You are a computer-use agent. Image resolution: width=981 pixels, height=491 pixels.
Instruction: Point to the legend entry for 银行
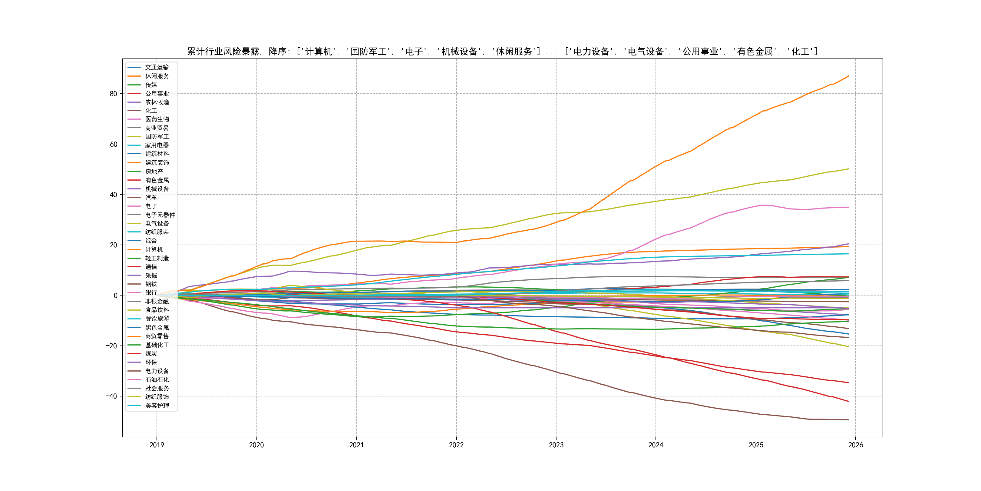pyautogui.click(x=151, y=292)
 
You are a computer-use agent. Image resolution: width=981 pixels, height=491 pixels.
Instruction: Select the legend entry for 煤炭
pyautogui.click(x=151, y=353)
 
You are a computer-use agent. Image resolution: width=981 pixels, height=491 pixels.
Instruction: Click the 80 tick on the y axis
pyautogui.click(x=114, y=94)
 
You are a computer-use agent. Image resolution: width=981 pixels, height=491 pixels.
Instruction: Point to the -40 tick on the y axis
pyautogui.click(x=112, y=396)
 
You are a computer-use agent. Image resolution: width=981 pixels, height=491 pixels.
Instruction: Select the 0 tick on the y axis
pyautogui.click(x=115, y=296)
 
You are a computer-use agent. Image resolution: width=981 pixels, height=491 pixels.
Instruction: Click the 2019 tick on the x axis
pyautogui.click(x=157, y=445)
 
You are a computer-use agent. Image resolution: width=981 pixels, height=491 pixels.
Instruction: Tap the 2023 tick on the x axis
pyautogui.click(x=556, y=445)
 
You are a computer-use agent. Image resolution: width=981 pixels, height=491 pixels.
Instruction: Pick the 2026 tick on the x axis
pyautogui.click(x=856, y=445)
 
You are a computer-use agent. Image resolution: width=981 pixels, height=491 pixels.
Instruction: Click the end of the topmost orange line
pyautogui.click(x=848, y=76)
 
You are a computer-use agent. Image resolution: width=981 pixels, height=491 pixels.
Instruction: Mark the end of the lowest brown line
pyautogui.click(x=848, y=420)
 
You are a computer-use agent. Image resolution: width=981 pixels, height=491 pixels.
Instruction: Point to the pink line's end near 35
pyautogui.click(x=848, y=207)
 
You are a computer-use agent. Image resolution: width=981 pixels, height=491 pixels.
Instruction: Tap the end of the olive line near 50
pyautogui.click(x=848, y=169)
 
